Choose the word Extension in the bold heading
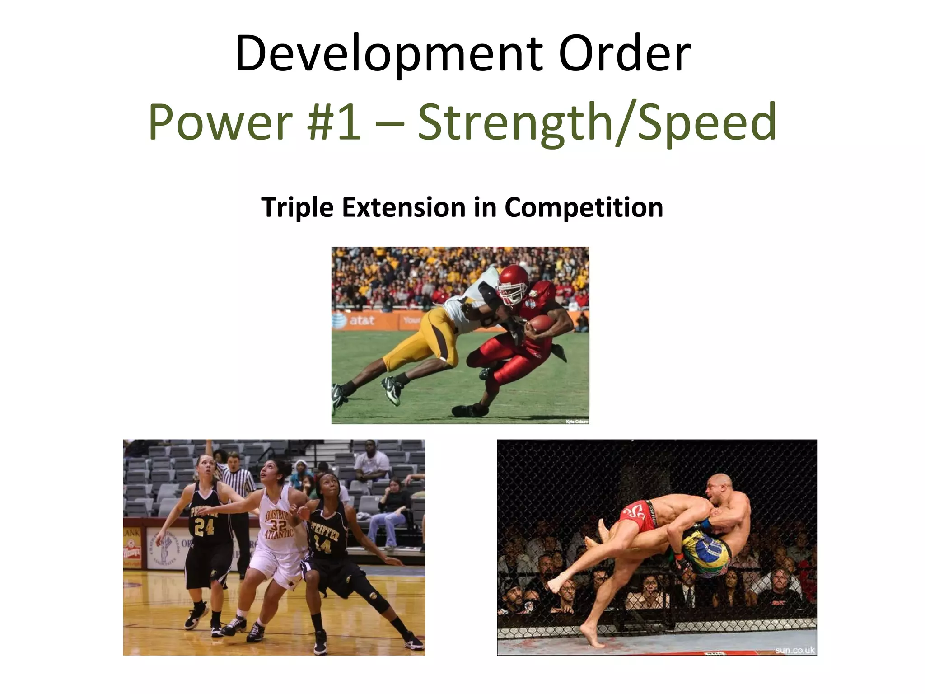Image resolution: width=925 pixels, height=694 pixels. [x=404, y=207]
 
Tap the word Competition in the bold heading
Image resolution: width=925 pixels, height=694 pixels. [x=583, y=207]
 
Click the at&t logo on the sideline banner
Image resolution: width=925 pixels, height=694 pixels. [x=357, y=320]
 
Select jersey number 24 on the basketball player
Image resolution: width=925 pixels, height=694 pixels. [x=204, y=527]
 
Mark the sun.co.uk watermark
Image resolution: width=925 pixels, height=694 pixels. [x=794, y=650]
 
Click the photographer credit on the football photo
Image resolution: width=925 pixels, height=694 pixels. [x=577, y=422]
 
